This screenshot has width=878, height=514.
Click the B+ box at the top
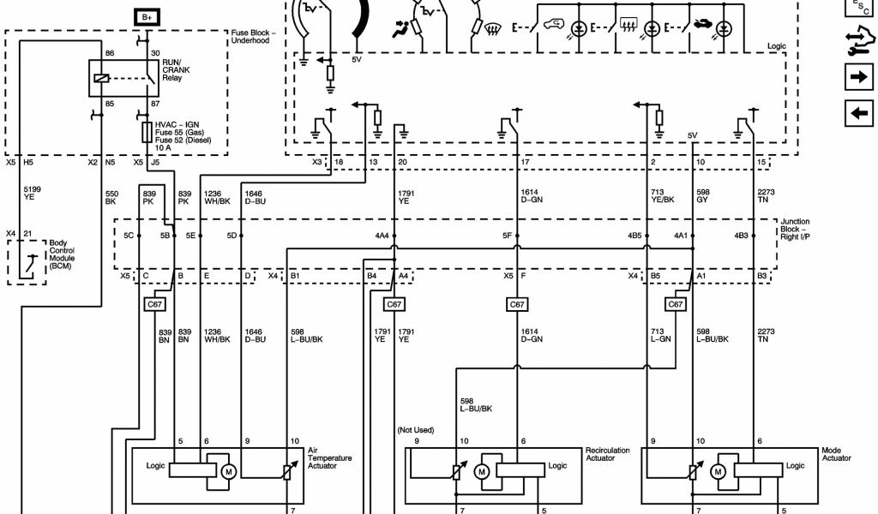147,16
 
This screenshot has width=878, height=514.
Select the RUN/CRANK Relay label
176,70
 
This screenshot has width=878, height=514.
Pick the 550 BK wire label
111,196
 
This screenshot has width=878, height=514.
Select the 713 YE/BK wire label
662,196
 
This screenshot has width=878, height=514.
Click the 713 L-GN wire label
658,335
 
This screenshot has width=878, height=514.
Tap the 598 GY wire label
703,196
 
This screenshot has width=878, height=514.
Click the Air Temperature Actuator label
329,457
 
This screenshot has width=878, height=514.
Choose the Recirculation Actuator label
607,454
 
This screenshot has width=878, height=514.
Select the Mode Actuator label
836,454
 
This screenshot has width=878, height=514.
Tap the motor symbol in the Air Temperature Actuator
229,470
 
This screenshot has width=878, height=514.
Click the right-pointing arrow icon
857,77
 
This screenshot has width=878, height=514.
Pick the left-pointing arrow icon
857,112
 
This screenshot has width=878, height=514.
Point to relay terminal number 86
110,54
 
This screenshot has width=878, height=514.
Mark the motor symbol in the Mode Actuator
718,471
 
